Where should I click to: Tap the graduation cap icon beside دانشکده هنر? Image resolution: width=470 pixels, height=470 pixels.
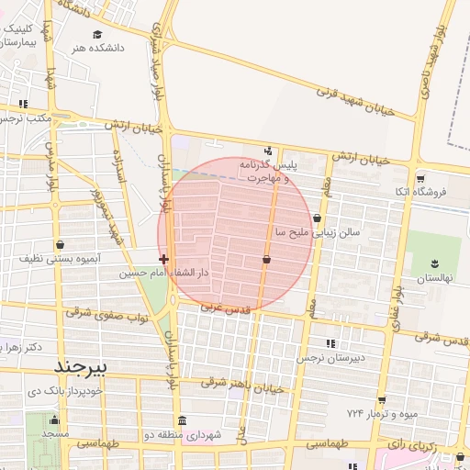point(84,34)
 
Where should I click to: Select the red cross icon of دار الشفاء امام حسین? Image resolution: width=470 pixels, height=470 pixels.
point(163,260)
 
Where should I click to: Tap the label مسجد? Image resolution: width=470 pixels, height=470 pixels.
point(55,431)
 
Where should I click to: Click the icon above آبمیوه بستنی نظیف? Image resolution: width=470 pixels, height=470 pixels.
point(61,245)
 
